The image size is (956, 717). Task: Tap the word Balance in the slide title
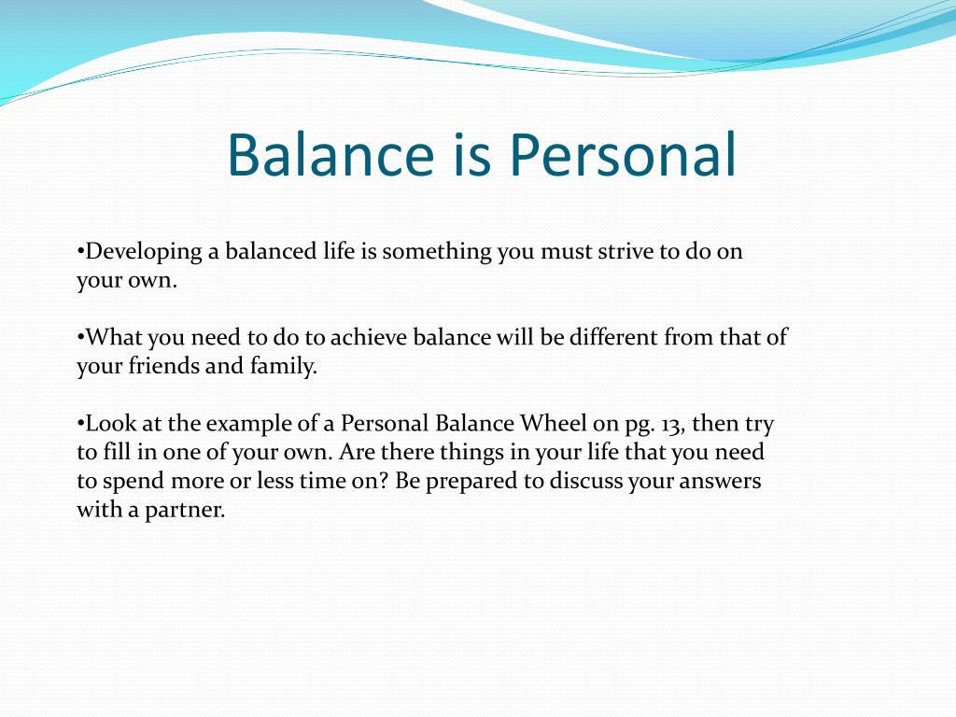[x=330, y=154]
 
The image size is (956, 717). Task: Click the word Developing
[x=144, y=252]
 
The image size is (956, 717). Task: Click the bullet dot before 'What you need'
[x=80, y=336]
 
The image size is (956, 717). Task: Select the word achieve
[x=368, y=337]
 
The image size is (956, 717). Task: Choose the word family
[x=284, y=366]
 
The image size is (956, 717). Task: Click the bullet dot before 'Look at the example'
[x=80, y=423]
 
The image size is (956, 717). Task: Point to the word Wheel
[x=553, y=423]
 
